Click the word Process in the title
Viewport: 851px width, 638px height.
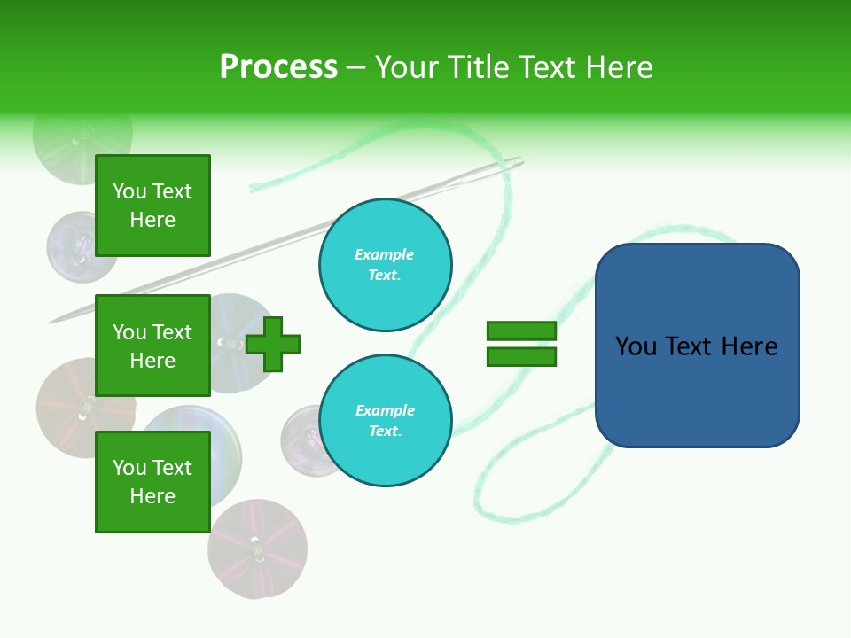pyautogui.click(x=278, y=67)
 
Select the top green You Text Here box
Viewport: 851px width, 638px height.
pyautogui.click(x=152, y=206)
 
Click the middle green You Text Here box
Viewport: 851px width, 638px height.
pyautogui.click(x=152, y=346)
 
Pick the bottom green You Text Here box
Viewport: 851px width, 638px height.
pyautogui.click(x=152, y=482)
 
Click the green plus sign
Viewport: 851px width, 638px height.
pyautogui.click(x=273, y=344)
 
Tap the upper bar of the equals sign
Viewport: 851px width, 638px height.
pyautogui.click(x=521, y=331)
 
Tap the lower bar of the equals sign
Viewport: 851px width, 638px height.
pyautogui.click(x=521, y=357)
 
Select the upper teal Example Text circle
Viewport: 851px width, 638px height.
pyautogui.click(x=385, y=265)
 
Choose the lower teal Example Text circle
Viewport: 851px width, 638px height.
pyautogui.click(x=385, y=421)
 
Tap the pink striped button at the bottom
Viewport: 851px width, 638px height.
pyautogui.click(x=258, y=548)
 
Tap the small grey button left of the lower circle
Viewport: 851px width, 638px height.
pyautogui.click(x=301, y=439)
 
